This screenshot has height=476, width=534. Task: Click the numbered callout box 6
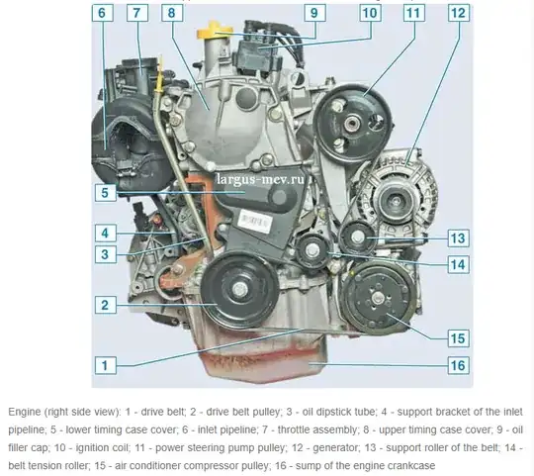click(102, 13)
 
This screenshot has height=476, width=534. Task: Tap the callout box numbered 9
click(314, 13)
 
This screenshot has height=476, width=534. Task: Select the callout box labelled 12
click(459, 13)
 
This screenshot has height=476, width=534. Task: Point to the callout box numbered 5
click(105, 193)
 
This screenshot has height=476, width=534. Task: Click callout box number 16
click(458, 365)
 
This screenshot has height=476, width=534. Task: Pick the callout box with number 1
click(105, 365)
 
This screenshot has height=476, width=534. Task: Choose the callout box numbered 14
click(458, 265)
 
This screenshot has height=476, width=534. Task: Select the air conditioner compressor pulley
click(378, 298)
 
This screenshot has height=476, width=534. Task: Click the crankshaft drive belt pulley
click(239, 289)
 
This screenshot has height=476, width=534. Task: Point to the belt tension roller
click(312, 250)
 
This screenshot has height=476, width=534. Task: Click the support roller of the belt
click(357, 237)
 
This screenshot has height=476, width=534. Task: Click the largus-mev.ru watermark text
click(260, 179)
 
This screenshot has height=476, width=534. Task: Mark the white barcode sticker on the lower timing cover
click(255, 222)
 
